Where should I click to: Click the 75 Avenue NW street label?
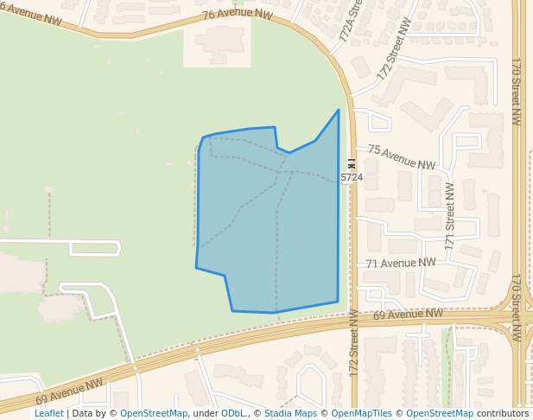(x=402, y=156)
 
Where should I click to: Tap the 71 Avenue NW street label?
(x=401, y=263)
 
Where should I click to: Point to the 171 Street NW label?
(x=449, y=216)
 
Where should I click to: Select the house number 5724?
(x=352, y=177)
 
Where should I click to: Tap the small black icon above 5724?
(x=351, y=162)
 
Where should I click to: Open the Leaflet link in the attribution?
(x=48, y=413)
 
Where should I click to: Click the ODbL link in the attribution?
(x=233, y=413)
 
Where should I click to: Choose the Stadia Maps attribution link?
(x=290, y=413)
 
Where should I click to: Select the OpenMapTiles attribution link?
(x=362, y=413)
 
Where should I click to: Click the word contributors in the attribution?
(x=503, y=413)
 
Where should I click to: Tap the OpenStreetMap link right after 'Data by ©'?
(x=154, y=413)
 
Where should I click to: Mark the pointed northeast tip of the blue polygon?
(x=338, y=111)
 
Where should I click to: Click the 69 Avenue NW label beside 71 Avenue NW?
(x=408, y=315)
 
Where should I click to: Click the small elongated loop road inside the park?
(x=94, y=249)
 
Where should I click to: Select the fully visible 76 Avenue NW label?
(x=238, y=15)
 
